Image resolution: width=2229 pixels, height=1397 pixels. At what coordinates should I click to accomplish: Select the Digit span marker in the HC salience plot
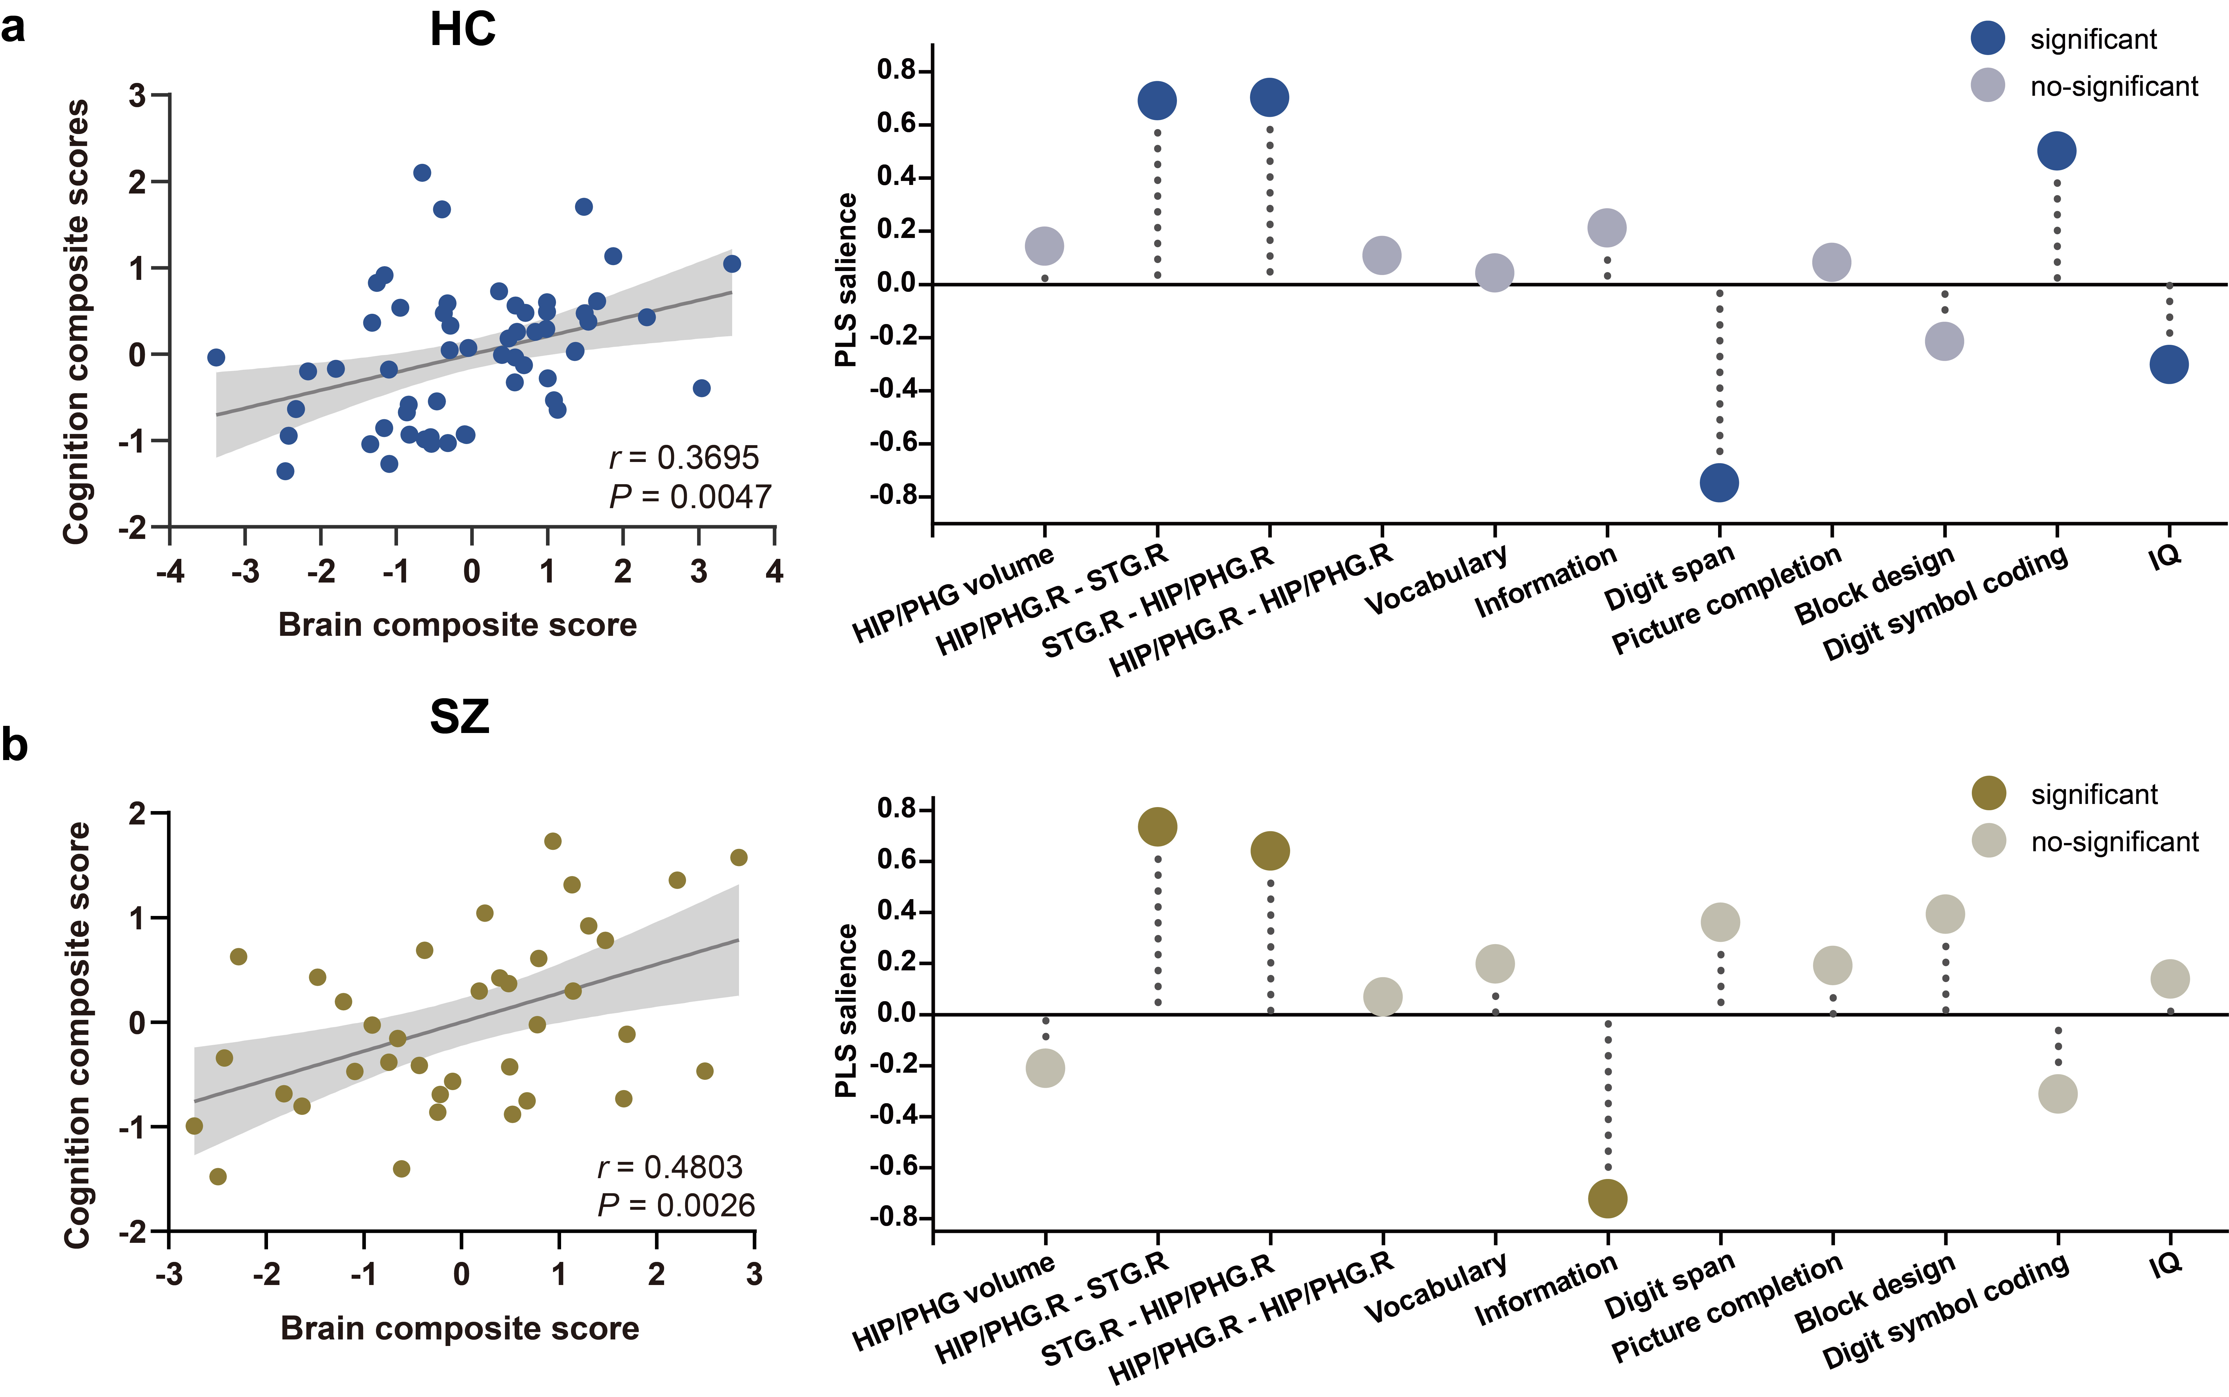pos(1719,482)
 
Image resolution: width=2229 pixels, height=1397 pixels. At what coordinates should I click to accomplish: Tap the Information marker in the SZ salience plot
pos(1607,1198)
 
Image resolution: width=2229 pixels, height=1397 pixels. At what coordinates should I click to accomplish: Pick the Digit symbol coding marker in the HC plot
pos(2056,150)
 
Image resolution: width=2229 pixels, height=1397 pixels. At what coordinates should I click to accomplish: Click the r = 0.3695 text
pos(684,457)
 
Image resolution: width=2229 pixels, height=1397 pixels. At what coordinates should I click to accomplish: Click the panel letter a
pos(13,28)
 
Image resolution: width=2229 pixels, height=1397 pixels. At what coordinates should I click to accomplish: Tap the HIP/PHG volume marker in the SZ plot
pos(1045,1068)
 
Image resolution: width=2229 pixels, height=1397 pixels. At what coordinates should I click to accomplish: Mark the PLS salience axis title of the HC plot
pos(846,280)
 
